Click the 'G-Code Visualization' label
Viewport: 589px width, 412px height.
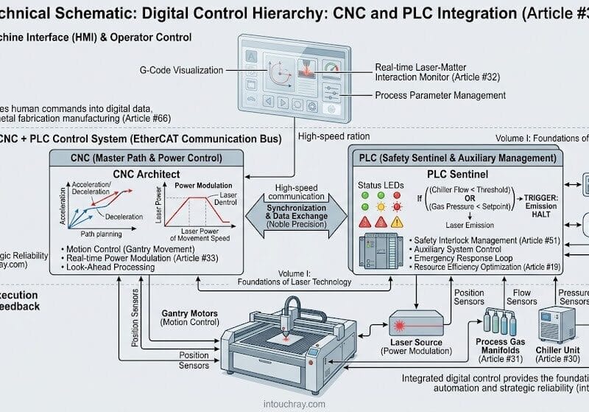click(181, 71)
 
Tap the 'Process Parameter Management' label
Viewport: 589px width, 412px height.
click(440, 95)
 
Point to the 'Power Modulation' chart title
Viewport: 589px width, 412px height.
click(204, 186)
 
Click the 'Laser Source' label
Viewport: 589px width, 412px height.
click(417, 343)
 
